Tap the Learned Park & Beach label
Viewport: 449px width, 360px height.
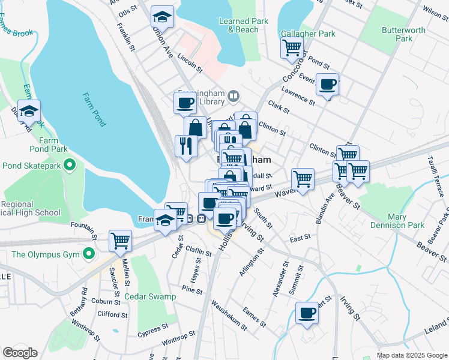(243, 25)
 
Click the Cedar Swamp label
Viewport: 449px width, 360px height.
(151, 296)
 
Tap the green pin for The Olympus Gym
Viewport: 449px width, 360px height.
(89, 254)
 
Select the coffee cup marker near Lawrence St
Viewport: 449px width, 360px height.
(327, 85)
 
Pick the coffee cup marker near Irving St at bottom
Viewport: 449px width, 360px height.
(307, 313)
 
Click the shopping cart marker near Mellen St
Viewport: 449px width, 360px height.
(120, 241)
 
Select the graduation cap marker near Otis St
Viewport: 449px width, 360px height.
(162, 16)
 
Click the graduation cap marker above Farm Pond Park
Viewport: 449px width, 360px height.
(29, 110)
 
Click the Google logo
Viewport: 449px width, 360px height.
(20, 353)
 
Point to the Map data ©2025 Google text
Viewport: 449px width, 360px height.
(411, 355)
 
